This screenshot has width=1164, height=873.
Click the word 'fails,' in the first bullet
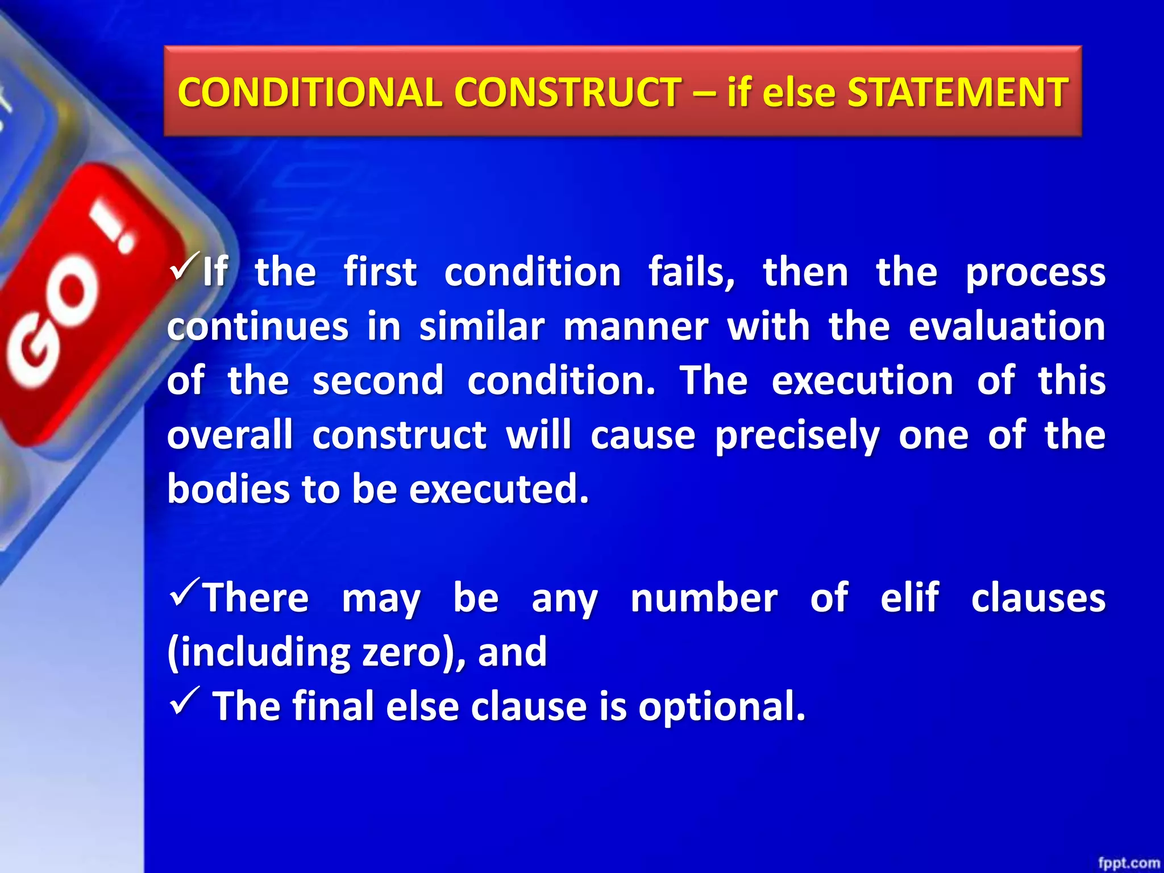[692, 272]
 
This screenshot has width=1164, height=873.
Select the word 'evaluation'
[1007, 327]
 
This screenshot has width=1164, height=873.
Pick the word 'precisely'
[797, 436]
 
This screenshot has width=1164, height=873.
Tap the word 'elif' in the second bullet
[909, 598]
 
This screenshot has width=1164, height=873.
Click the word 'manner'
[635, 327]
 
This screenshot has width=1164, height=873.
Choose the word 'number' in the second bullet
[704, 598]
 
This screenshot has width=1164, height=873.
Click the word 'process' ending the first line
[1036, 273]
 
